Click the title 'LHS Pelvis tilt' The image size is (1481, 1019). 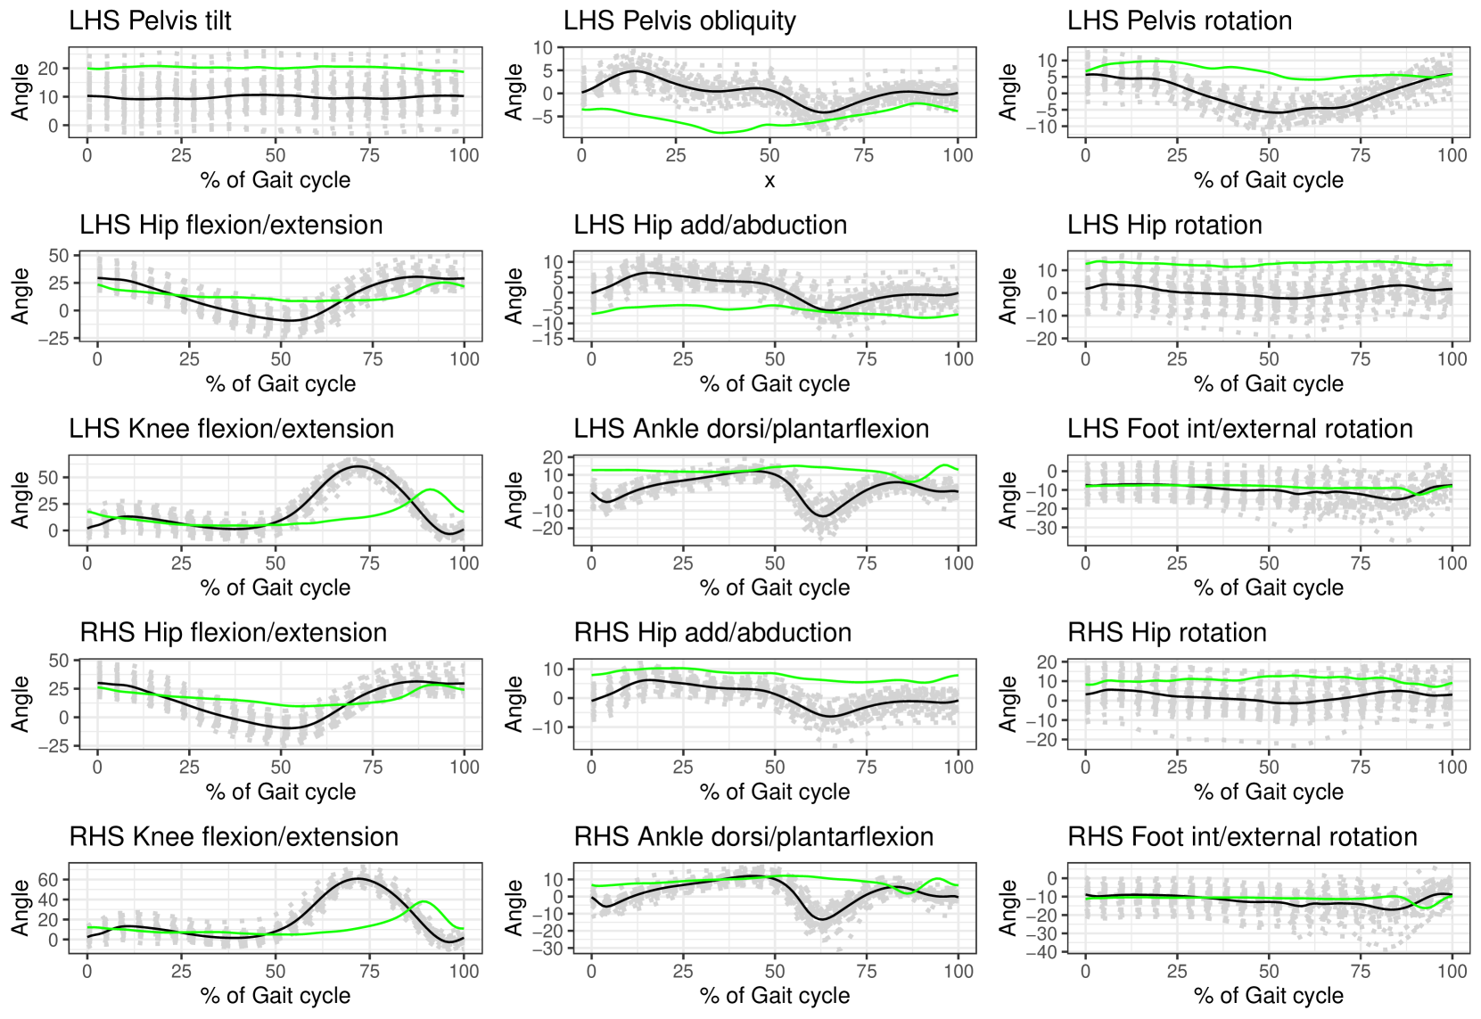[150, 21]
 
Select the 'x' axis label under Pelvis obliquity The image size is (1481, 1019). [769, 180]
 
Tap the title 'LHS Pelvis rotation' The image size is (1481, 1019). [1179, 21]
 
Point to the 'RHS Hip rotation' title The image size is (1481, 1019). [1166, 633]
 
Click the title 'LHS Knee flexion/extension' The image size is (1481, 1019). [231, 429]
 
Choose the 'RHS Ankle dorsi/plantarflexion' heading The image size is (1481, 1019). [753, 837]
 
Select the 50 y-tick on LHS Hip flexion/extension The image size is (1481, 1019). [58, 256]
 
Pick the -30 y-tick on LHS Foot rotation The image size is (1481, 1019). [1034, 528]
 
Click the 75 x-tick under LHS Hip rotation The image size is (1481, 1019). [1361, 359]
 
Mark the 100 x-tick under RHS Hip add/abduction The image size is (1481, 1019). [959, 768]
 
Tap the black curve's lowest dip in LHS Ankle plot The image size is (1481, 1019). [821, 516]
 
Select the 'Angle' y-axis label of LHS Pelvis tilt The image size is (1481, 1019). [20, 92]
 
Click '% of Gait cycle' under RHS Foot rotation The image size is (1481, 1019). [1268, 996]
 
